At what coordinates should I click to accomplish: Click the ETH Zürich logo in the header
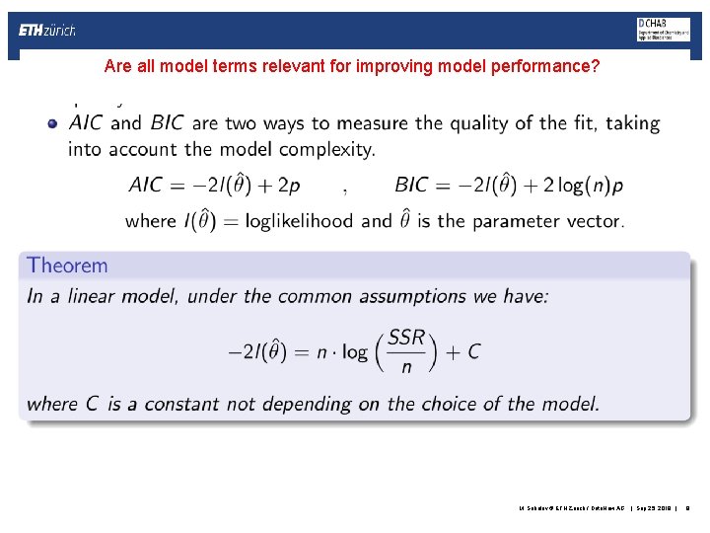(x=47, y=31)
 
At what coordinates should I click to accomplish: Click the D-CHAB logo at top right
(x=663, y=30)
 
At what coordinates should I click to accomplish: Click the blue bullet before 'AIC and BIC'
(x=52, y=124)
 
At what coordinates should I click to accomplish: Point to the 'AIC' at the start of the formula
(x=148, y=185)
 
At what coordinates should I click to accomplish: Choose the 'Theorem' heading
(x=68, y=265)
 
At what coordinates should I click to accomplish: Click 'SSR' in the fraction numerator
(x=406, y=338)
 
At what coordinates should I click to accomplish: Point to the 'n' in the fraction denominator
(x=406, y=367)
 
